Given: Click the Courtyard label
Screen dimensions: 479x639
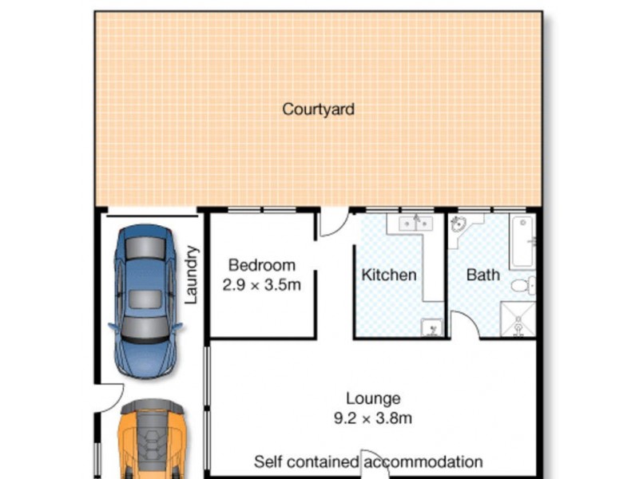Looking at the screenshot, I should click(318, 109).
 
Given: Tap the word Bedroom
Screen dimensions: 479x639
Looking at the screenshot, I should click(261, 265).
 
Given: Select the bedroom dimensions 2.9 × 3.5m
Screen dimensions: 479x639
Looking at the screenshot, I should click(261, 284).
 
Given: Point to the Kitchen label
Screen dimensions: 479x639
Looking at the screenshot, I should click(389, 275).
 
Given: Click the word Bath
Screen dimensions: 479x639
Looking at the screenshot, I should click(482, 275).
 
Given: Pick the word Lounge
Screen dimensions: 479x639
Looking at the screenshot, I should click(373, 398).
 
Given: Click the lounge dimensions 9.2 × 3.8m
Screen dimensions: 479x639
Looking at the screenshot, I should click(373, 418).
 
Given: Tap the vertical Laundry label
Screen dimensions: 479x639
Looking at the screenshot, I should click(192, 275).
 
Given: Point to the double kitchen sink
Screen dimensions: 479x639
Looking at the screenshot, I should click(413, 224).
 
